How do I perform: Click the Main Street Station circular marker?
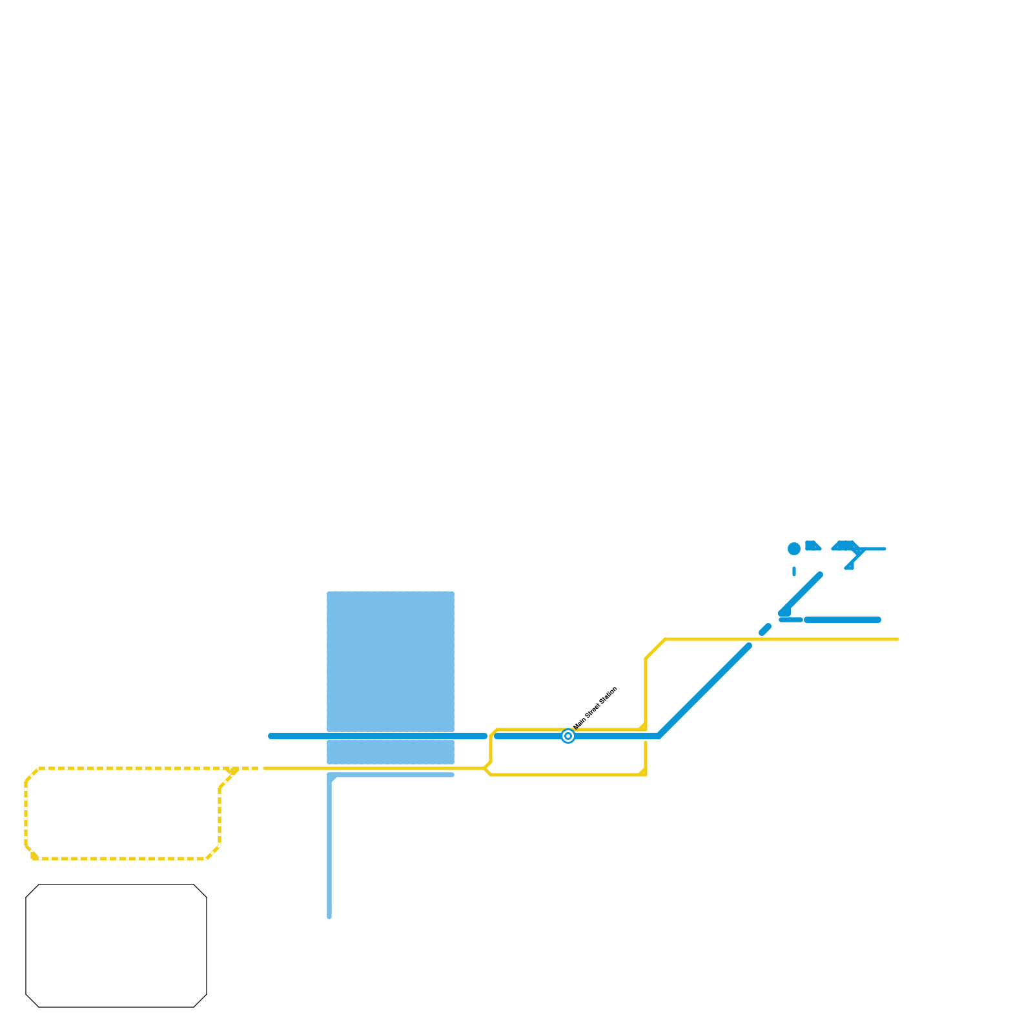point(568,736)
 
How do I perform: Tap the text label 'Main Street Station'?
point(595,708)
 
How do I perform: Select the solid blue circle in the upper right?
point(794,549)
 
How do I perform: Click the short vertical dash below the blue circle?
point(794,571)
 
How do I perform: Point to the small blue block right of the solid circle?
point(812,546)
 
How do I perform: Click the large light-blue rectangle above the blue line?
point(391,661)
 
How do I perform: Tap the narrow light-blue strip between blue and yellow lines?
point(391,752)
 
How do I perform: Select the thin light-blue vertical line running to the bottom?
point(329,852)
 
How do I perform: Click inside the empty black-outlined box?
point(116,946)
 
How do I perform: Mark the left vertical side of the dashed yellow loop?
point(26,813)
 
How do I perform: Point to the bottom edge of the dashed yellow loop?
point(123,859)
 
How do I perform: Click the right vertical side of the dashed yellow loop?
point(220,817)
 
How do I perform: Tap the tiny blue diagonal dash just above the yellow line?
point(765,629)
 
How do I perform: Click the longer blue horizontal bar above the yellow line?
point(843,620)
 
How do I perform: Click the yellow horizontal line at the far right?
point(839,639)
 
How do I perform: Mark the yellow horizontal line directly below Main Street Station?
point(568,775)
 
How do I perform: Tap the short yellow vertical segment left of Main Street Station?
point(491,749)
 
